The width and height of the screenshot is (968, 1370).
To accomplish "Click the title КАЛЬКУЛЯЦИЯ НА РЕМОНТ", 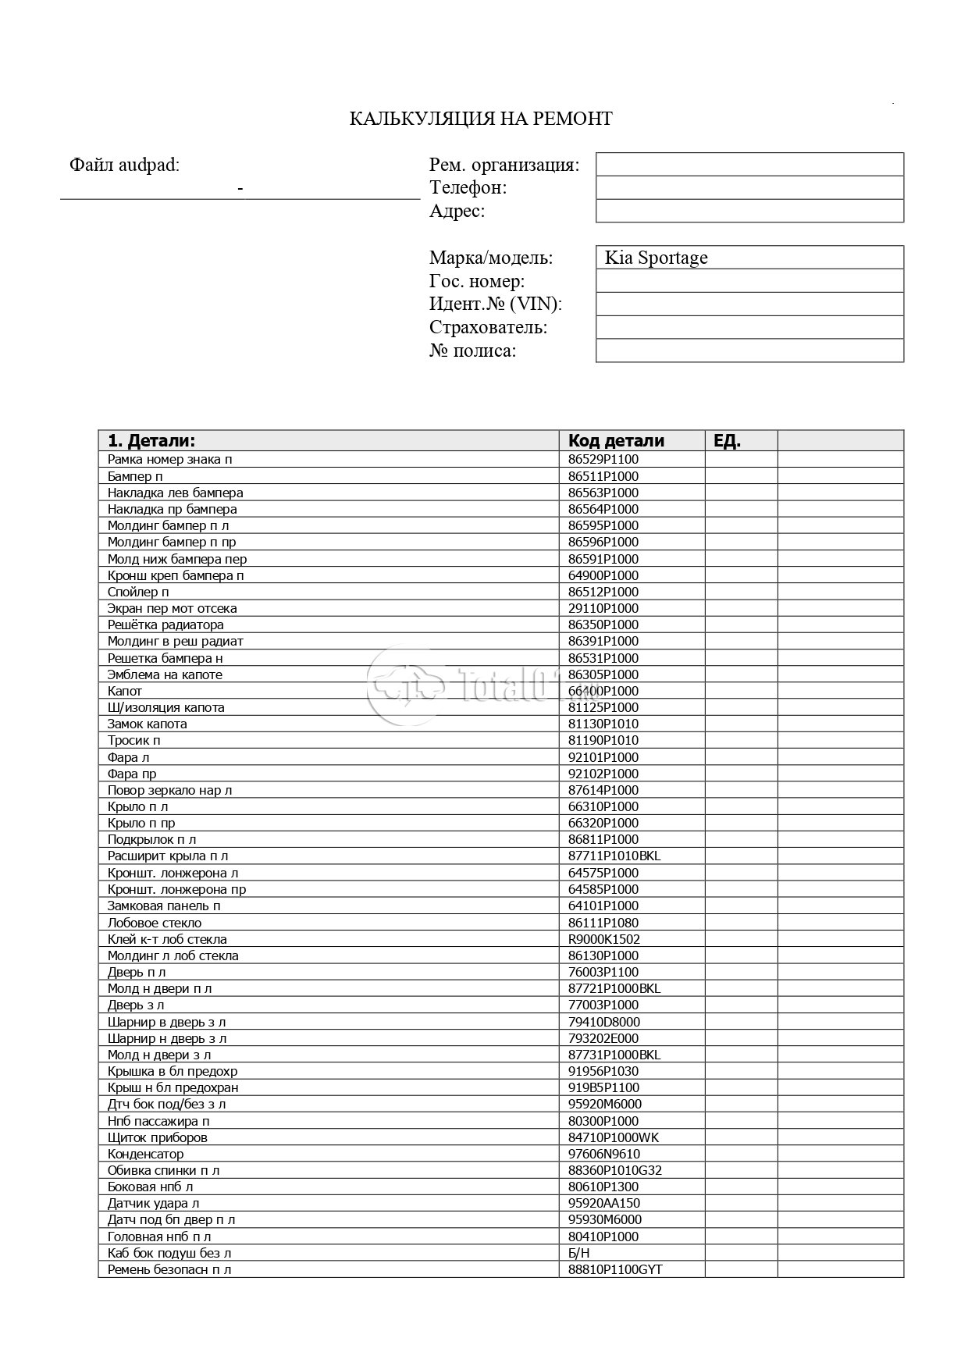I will click(480, 119).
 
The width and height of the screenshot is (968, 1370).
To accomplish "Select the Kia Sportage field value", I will click(656, 258).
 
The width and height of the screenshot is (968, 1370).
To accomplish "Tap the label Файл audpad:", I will click(124, 165).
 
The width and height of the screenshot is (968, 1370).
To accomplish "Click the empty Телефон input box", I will click(749, 188).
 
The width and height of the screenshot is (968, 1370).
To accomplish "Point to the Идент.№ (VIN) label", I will click(495, 304).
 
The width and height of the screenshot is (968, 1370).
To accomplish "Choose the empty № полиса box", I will click(749, 351).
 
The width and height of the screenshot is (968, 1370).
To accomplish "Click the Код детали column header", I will click(616, 440).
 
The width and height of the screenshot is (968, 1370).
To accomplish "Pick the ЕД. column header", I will click(727, 440).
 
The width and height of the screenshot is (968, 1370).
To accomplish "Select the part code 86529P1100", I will click(603, 460).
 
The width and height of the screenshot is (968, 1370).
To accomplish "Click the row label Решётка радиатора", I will click(165, 625).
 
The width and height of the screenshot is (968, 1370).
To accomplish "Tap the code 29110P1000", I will click(603, 608).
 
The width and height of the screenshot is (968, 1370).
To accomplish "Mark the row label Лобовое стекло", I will click(155, 923).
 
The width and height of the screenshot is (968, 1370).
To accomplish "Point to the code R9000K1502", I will click(603, 939).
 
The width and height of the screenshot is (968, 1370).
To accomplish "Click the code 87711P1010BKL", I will click(614, 856).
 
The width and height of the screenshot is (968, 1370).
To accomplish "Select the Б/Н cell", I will click(579, 1253).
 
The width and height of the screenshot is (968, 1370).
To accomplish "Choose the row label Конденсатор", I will click(146, 1154).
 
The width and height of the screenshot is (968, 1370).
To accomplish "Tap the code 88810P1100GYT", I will click(614, 1269).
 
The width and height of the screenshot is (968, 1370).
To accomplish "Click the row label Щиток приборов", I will click(157, 1137).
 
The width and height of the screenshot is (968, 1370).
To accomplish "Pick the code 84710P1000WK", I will click(613, 1137).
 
